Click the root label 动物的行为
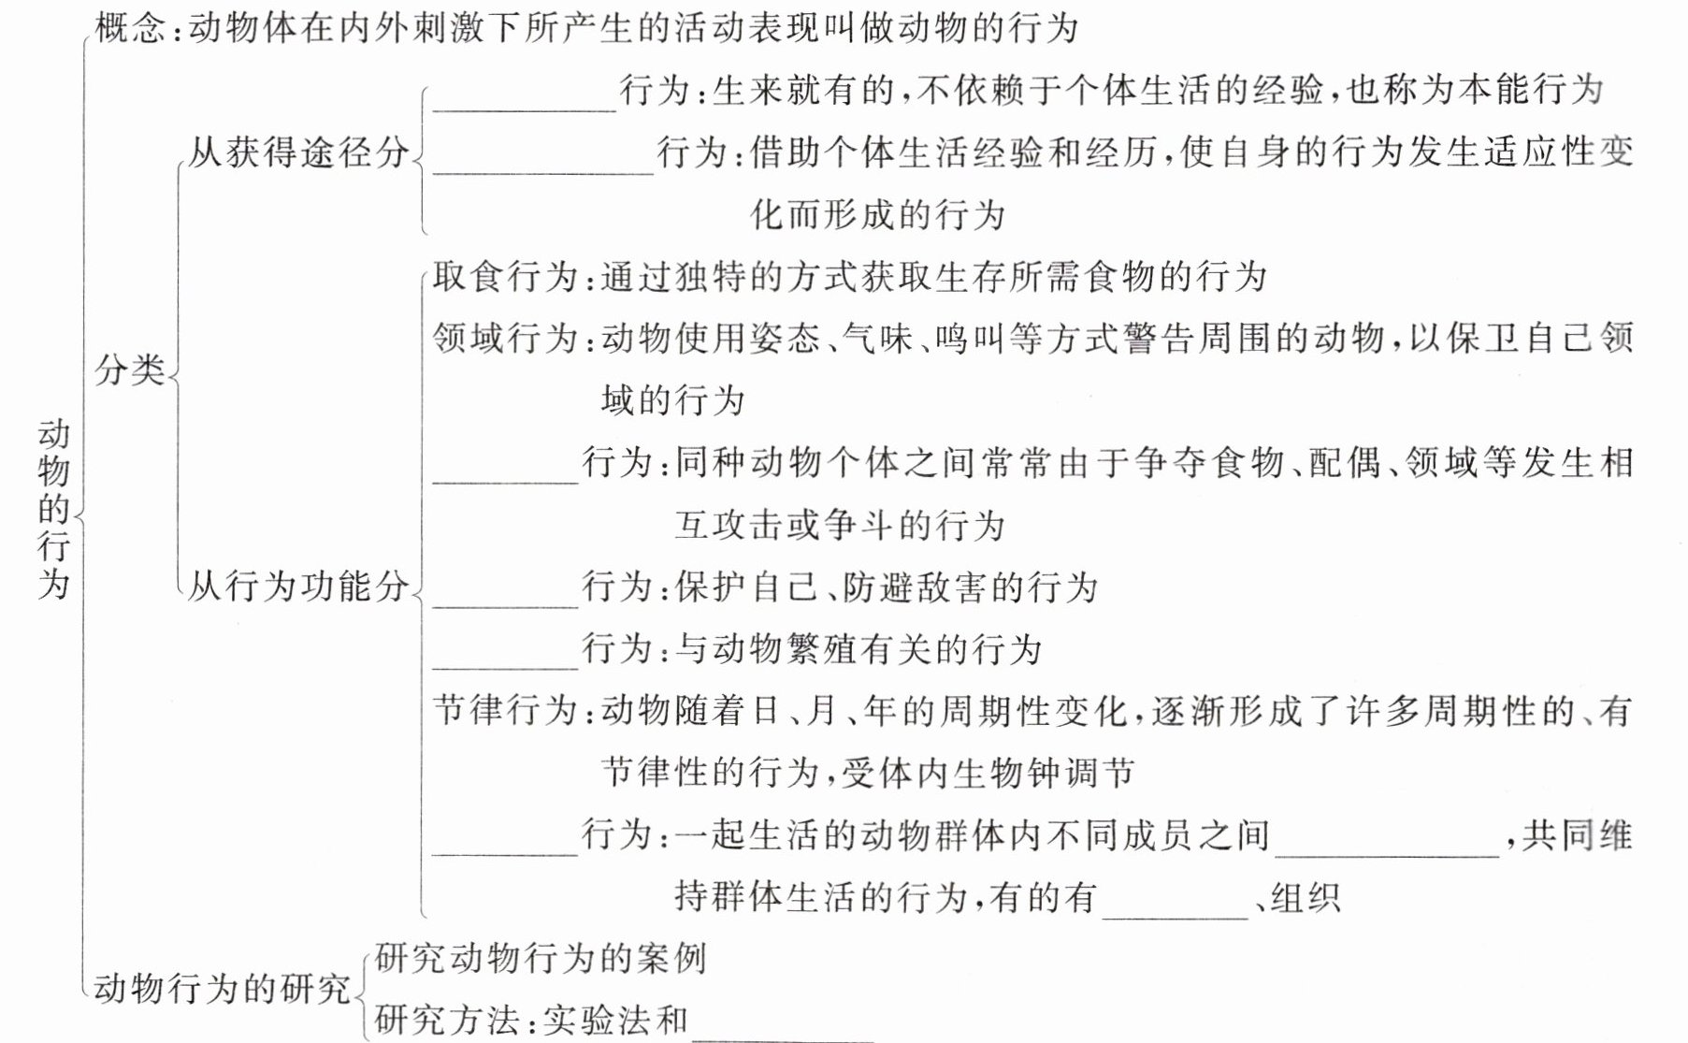point(54,509)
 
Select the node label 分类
point(129,370)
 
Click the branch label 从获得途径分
point(298,152)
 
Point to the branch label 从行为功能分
point(298,587)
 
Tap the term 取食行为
point(506,277)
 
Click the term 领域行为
point(506,338)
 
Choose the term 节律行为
point(506,711)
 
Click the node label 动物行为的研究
point(222,988)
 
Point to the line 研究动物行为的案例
point(540,958)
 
